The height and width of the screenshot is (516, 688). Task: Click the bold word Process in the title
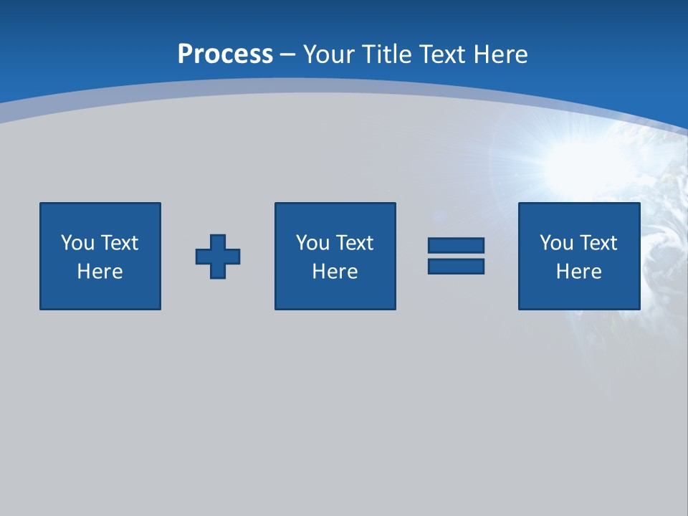pyautogui.click(x=225, y=54)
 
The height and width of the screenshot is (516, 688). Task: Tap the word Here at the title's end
pyautogui.click(x=500, y=54)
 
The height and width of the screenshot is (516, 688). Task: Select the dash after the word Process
pyautogui.click(x=287, y=54)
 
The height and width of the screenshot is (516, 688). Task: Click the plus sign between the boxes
pyautogui.click(x=218, y=257)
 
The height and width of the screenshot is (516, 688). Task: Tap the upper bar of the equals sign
pyautogui.click(x=456, y=246)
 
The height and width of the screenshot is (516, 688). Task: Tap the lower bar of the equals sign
pyautogui.click(x=456, y=266)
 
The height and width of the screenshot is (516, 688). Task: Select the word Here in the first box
pyautogui.click(x=100, y=272)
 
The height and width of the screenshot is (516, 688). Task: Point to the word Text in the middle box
pyautogui.click(x=354, y=243)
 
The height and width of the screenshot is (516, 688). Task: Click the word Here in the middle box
pyautogui.click(x=335, y=272)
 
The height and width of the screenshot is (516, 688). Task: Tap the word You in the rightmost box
pyautogui.click(x=556, y=243)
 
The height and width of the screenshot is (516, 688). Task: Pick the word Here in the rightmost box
pyautogui.click(x=579, y=272)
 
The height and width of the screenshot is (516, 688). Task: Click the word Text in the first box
pyautogui.click(x=119, y=243)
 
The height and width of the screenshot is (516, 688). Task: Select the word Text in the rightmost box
pyautogui.click(x=598, y=243)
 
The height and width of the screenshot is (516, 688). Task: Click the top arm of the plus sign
pyautogui.click(x=218, y=242)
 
